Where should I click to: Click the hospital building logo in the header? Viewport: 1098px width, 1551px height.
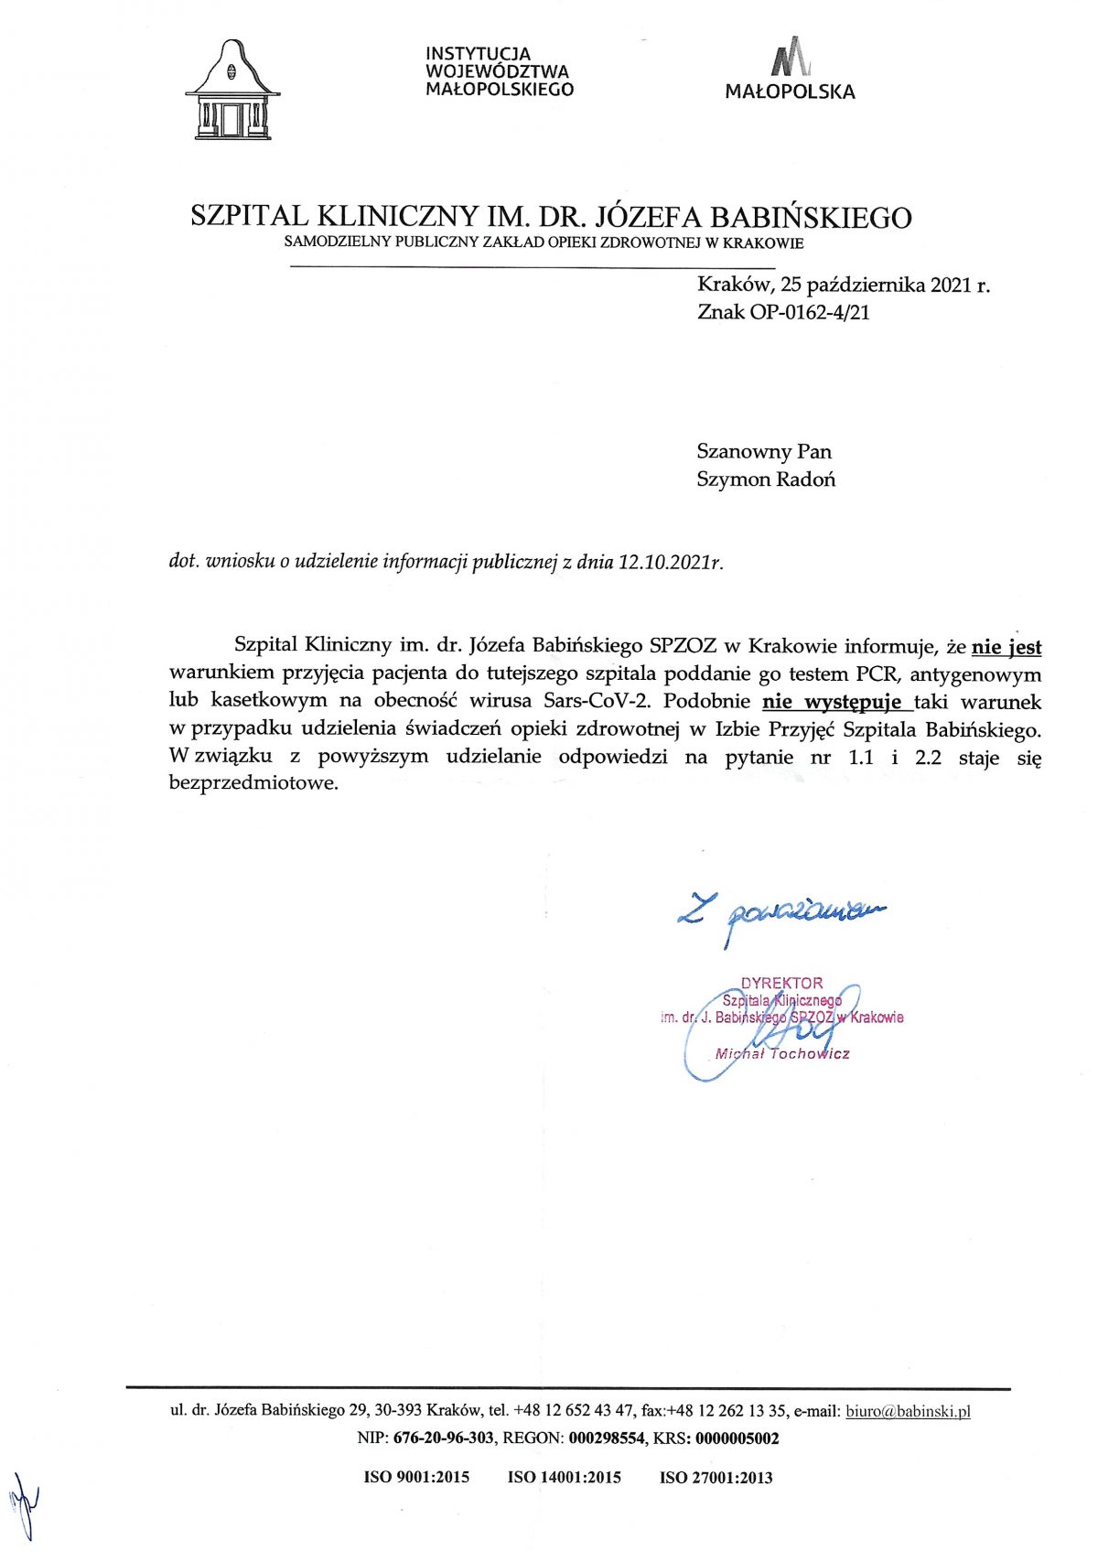(x=232, y=91)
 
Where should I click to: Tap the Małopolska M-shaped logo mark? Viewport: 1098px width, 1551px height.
(x=790, y=58)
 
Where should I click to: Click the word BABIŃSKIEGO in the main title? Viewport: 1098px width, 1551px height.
(x=811, y=218)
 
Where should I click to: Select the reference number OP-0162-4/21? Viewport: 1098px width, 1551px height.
(x=810, y=312)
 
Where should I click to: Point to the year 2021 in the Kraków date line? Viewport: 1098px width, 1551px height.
(x=951, y=285)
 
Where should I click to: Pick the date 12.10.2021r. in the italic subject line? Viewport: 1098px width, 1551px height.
(x=670, y=562)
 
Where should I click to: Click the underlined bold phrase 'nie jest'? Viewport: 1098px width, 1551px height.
(x=1006, y=647)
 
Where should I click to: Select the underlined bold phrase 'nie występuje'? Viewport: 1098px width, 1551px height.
(x=836, y=703)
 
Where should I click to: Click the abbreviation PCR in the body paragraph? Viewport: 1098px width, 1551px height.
(x=877, y=674)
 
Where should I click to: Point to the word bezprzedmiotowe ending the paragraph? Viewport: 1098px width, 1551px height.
(x=253, y=783)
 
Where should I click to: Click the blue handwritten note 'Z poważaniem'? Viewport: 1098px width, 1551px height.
(x=782, y=911)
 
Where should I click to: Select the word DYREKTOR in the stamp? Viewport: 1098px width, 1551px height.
(x=781, y=984)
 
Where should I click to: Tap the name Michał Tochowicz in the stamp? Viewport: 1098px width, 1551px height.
(x=782, y=1054)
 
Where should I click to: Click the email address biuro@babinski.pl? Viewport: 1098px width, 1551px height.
(x=908, y=1411)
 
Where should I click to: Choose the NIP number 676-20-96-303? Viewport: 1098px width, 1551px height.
(x=443, y=1438)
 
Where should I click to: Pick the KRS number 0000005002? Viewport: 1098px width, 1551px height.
(x=737, y=1438)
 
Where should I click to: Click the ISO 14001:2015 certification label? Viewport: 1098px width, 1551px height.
(x=564, y=1477)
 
